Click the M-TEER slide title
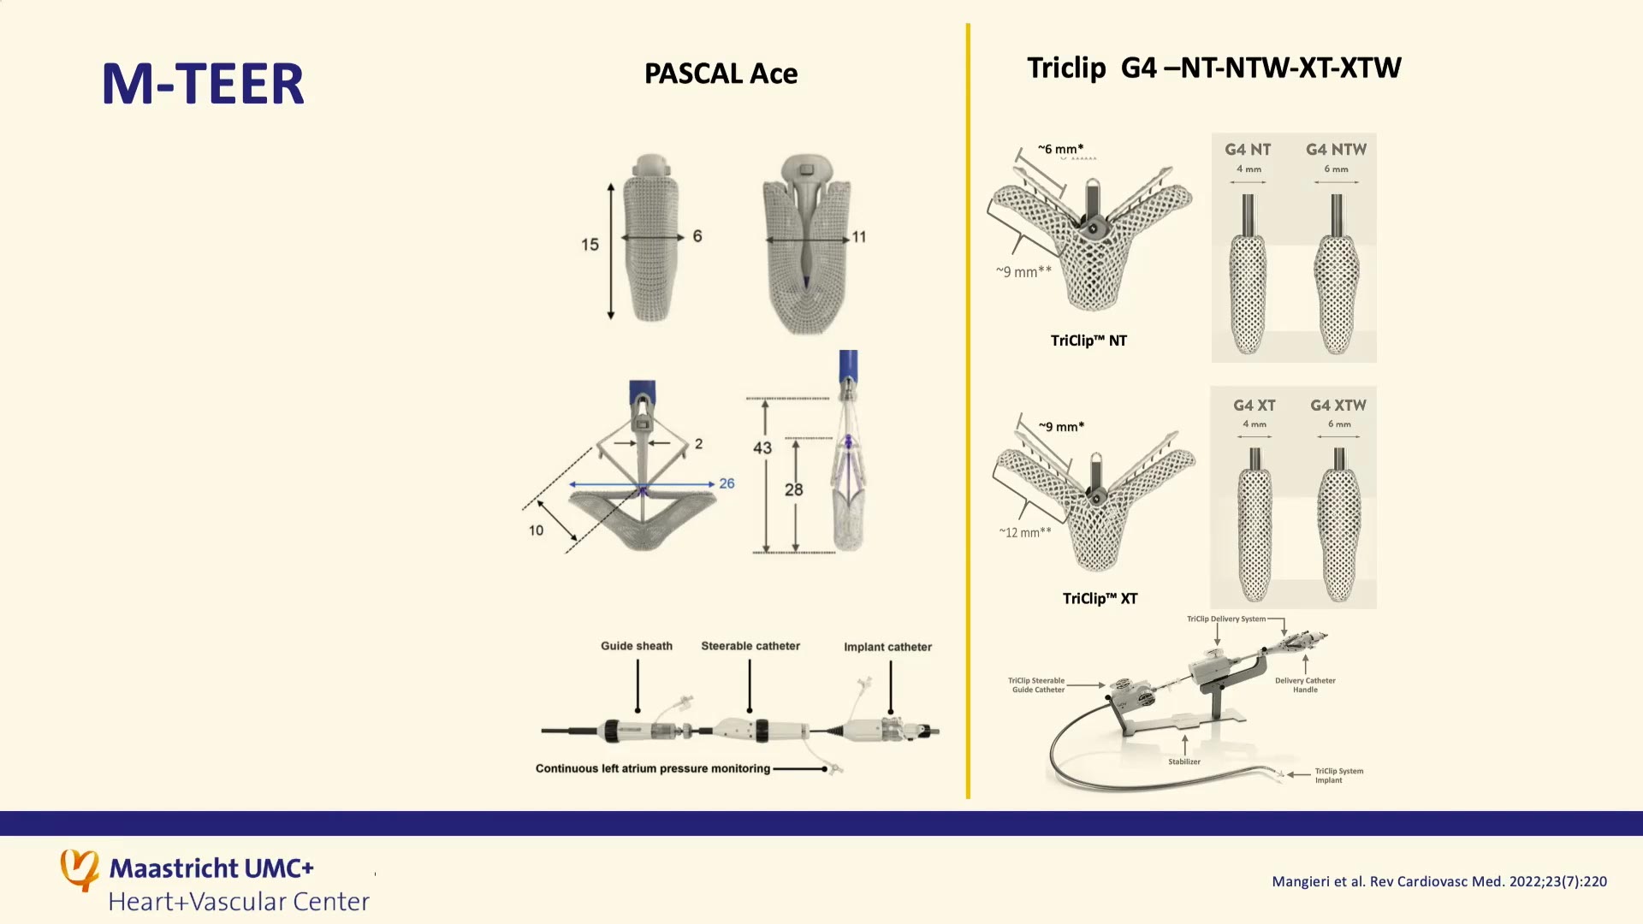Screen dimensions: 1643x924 tap(203, 84)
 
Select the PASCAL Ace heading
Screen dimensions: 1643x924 tap(721, 74)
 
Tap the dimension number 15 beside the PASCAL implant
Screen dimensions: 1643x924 tap(590, 245)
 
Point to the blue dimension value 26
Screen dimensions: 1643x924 tap(727, 483)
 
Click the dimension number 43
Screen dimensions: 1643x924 tap(762, 448)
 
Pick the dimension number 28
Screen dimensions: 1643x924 tap(794, 490)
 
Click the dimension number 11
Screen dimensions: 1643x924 tap(859, 237)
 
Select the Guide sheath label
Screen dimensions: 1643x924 tap(637, 646)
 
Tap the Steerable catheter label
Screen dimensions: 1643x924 tap(750, 646)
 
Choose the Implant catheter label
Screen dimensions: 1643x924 tap(888, 647)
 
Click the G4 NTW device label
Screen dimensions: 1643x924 tap(1336, 150)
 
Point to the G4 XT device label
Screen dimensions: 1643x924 tap(1254, 406)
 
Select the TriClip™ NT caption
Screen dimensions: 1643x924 tap(1088, 341)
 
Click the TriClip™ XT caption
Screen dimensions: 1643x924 tap(1100, 599)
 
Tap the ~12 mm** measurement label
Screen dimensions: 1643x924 tap(1025, 532)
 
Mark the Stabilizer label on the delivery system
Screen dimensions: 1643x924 tap(1184, 761)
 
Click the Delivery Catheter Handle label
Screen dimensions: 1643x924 tap(1305, 685)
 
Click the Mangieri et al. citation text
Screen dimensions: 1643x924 tap(1439, 881)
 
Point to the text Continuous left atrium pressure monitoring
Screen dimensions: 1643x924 tap(653, 768)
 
